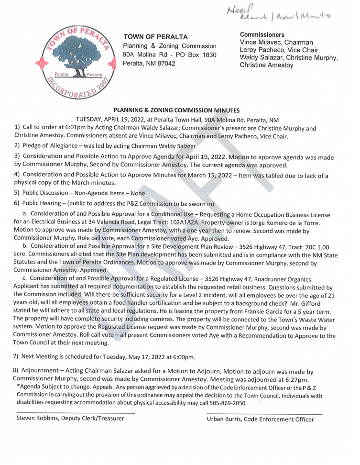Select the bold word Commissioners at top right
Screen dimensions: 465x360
click(262, 35)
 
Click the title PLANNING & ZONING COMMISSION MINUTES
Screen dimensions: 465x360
click(179, 110)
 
